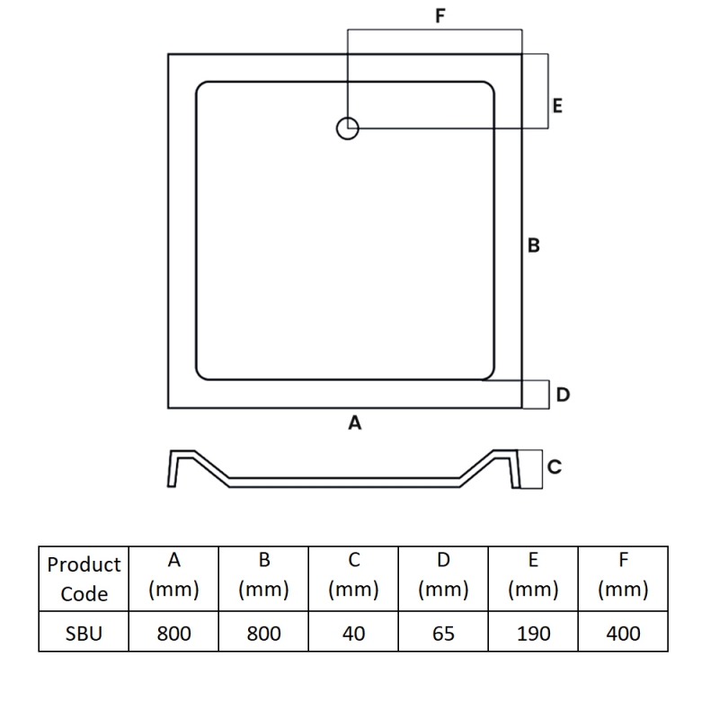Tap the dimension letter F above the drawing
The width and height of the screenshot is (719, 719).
[x=440, y=15]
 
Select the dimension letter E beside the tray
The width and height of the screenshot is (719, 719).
[x=557, y=106]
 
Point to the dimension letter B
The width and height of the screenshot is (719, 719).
[x=533, y=245]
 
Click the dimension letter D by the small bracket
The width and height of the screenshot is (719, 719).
[x=563, y=395]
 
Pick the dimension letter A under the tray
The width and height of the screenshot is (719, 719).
[x=355, y=422]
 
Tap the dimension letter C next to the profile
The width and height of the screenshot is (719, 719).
[x=555, y=466]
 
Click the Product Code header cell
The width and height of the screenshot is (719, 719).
[x=84, y=579]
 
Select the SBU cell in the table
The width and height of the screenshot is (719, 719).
[x=84, y=634]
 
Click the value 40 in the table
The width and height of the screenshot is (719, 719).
[x=353, y=634]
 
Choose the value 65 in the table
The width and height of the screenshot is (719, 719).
[x=443, y=634]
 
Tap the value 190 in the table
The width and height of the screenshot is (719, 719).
[x=533, y=634]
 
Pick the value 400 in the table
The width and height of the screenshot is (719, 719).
[x=623, y=634]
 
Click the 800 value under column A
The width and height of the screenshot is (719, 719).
[x=173, y=634]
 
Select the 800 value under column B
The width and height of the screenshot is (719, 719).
[x=263, y=634]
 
